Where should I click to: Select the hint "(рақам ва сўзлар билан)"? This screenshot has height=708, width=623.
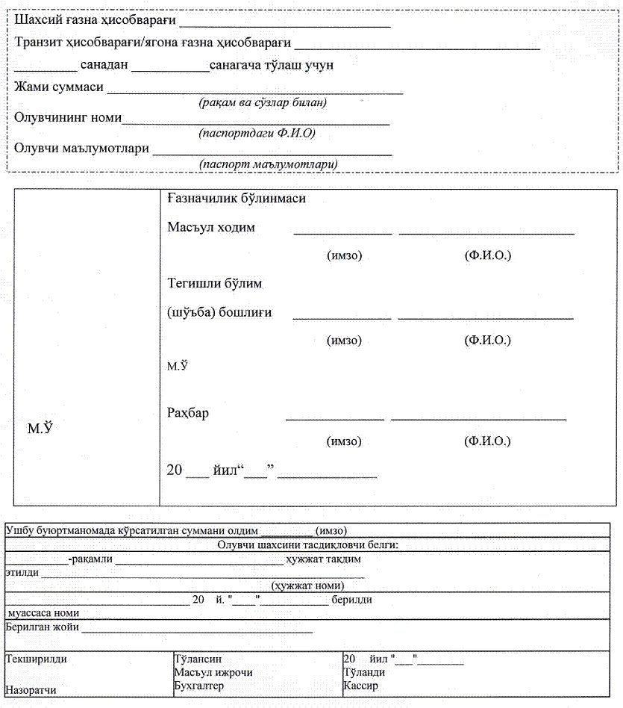tap(263, 103)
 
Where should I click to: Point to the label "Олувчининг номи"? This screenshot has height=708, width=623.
tap(68, 117)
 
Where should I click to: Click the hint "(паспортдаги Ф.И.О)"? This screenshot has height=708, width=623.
tap(257, 133)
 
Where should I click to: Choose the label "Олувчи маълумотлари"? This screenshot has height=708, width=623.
tap(81, 148)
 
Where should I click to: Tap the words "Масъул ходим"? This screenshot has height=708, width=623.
tap(211, 227)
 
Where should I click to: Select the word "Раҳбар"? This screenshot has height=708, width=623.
tap(188, 413)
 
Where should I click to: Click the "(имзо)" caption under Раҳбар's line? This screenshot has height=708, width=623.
tap(344, 441)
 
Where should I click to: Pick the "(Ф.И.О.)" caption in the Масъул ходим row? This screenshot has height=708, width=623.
tap(487, 256)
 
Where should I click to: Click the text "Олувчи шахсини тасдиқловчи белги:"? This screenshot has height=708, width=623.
tap(308, 545)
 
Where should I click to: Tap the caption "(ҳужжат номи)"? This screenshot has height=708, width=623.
tap(307, 586)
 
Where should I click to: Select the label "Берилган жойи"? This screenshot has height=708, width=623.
tap(42, 627)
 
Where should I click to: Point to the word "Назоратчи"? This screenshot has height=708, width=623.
tap(31, 691)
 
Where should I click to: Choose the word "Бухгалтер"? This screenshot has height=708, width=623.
tap(198, 686)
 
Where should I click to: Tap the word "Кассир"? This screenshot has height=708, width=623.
tap(360, 685)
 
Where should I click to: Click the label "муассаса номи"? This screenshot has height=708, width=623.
tap(43, 612)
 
